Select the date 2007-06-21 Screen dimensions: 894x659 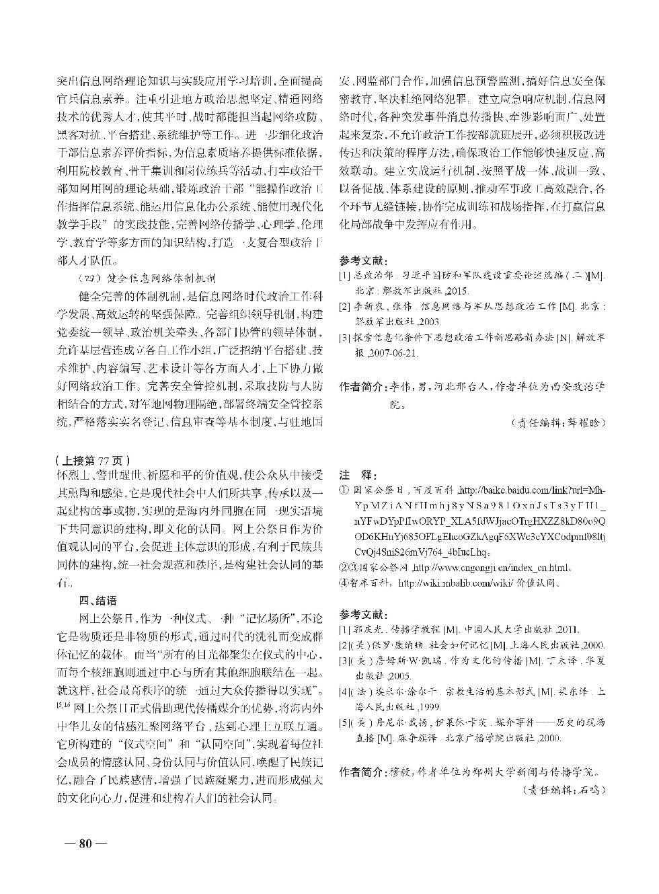click(395, 352)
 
